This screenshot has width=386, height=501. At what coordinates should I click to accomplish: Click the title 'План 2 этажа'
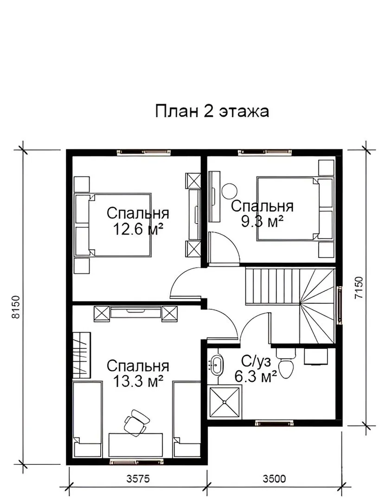point(212,111)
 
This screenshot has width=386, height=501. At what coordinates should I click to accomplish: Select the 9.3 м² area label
point(262,221)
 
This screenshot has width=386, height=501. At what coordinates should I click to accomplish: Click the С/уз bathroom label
point(256,362)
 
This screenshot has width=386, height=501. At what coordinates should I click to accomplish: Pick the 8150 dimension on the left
point(16,307)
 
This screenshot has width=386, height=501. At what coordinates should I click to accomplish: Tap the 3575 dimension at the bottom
point(138,479)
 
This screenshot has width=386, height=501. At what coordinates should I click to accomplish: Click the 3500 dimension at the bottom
point(274,479)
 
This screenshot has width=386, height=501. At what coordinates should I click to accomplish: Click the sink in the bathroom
point(217,364)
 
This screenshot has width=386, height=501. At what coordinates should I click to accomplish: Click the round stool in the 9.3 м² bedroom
point(230,191)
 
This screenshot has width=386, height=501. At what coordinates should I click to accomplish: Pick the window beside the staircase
point(340,305)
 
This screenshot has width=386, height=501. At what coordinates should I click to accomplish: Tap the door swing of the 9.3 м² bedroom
point(224,248)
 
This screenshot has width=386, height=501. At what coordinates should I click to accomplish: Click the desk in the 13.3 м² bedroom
point(135,445)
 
